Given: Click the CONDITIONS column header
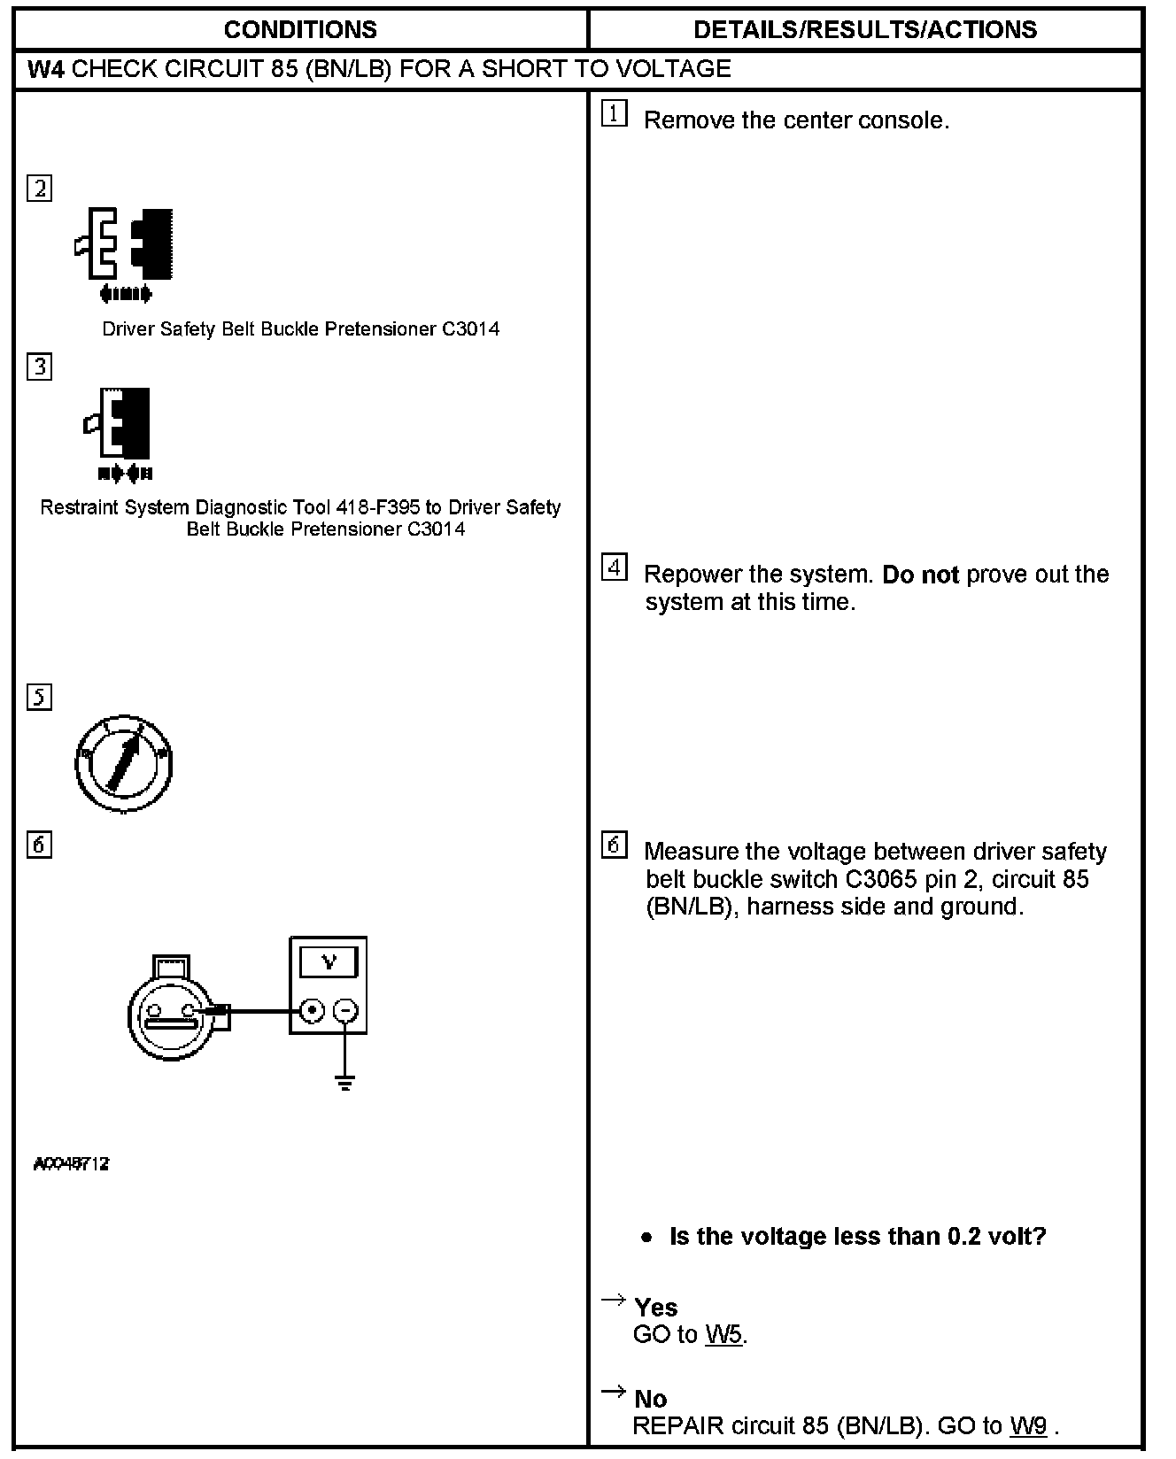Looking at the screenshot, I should [300, 30].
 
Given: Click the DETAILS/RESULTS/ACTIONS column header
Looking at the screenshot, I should [864, 30].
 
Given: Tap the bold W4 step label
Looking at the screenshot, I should [46, 69].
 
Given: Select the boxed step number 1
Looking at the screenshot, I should [614, 114].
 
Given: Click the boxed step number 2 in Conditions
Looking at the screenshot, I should [40, 189].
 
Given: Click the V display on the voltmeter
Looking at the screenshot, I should [329, 961].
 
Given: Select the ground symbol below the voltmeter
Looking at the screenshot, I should [345, 1081].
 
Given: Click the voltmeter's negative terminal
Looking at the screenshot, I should [346, 1010].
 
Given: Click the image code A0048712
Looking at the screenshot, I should [71, 1164].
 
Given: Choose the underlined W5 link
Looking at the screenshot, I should [723, 1334].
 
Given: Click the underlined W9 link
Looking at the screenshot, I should [1028, 1425].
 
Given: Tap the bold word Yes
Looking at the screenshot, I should [656, 1307].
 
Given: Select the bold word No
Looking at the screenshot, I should [651, 1398].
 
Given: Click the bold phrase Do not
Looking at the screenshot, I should [920, 575].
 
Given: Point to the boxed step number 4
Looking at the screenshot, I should [614, 567].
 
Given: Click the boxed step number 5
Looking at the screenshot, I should [40, 698].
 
